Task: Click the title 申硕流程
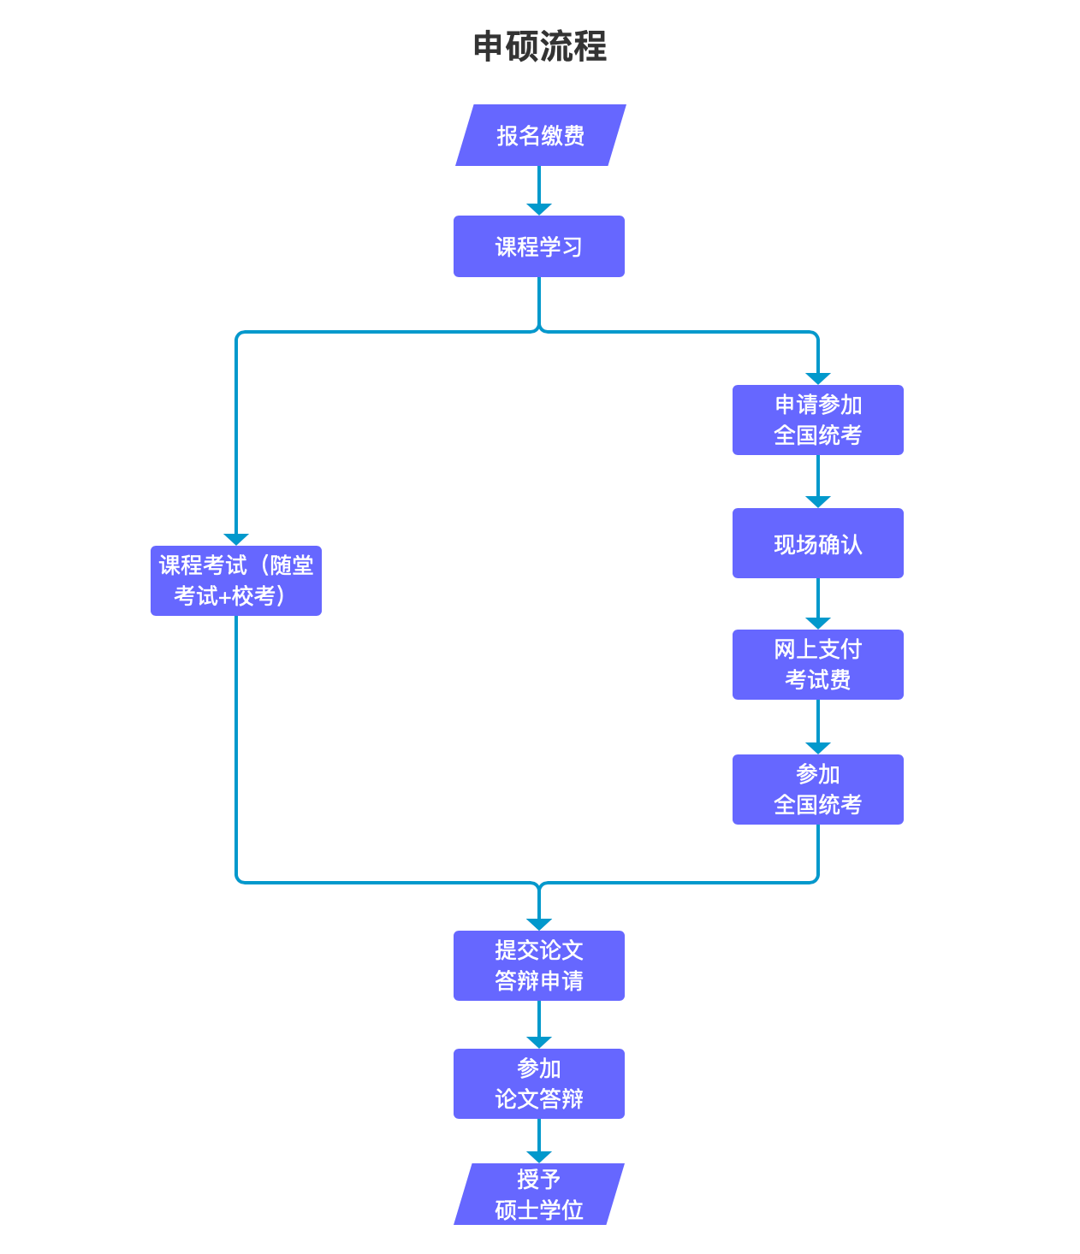539,46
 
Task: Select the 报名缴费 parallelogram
540,135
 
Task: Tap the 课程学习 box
539,246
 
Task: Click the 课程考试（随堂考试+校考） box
236,581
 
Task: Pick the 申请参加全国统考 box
817,420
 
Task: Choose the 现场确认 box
817,543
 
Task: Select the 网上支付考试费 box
817,665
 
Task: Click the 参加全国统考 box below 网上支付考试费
817,790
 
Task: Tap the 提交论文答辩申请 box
539,966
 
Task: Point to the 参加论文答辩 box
539,1084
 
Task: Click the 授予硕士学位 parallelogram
539,1194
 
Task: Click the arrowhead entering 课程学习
539,210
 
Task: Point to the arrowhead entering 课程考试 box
236,539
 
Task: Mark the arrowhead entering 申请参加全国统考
818,378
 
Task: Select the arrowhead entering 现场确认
818,501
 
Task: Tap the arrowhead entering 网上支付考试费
818,623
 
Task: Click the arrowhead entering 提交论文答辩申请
539,924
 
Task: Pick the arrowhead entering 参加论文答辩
539,1042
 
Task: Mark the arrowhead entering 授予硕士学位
539,1156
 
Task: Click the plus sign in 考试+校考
225,597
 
